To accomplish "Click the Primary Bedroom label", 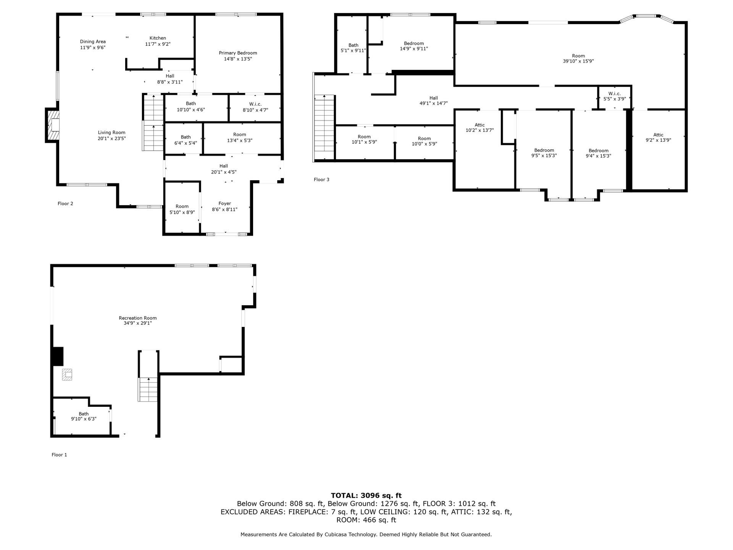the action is [x=238, y=53].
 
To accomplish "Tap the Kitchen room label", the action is [x=158, y=38].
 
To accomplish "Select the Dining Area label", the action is [x=93, y=42].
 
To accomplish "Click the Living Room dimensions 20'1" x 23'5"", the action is [x=112, y=139].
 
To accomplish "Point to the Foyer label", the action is [x=225, y=204].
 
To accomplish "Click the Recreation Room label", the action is [x=138, y=318].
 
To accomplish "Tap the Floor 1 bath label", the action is [x=84, y=414].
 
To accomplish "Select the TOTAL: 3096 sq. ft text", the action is [x=366, y=495].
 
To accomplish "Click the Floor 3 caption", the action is [x=321, y=180].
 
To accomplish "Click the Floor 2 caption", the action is [x=65, y=204].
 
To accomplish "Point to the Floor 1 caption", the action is [x=59, y=455].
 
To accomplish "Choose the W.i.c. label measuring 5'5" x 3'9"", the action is [x=615, y=94].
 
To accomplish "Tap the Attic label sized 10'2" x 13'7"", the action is [x=480, y=125].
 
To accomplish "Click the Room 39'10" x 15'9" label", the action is [x=578, y=56].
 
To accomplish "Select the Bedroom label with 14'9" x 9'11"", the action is [x=414, y=43].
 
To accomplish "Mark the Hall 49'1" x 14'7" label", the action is [x=433, y=98].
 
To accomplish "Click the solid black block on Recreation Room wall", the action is [x=58, y=356].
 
